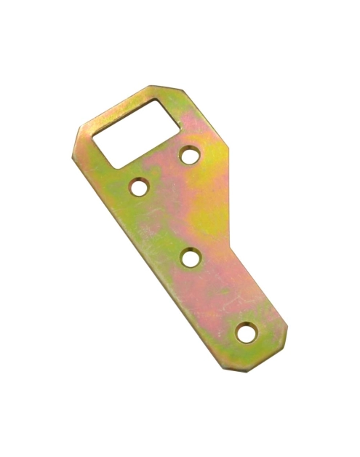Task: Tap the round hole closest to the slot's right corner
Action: [191, 154]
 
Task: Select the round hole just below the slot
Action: [139, 186]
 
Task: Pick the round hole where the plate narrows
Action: [191, 257]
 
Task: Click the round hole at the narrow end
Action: [247, 333]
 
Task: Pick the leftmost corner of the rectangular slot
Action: [94, 135]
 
